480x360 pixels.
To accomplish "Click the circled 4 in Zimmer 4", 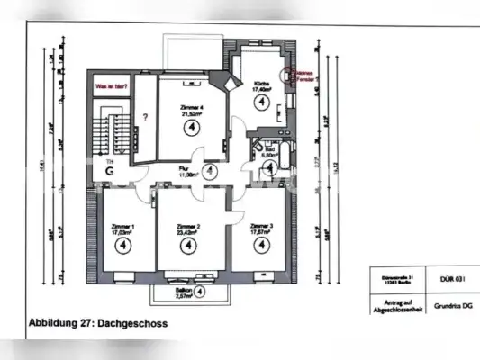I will click(x=191, y=128).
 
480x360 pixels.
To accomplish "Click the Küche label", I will click(x=261, y=85).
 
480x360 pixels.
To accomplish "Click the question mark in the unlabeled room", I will click(x=144, y=118).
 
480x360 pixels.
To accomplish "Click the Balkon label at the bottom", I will click(x=183, y=291).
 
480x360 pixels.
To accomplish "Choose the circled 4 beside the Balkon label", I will click(x=200, y=291).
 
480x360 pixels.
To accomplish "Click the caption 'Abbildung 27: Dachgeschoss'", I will click(x=98, y=322).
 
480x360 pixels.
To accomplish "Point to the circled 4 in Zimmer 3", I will click(x=262, y=246).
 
